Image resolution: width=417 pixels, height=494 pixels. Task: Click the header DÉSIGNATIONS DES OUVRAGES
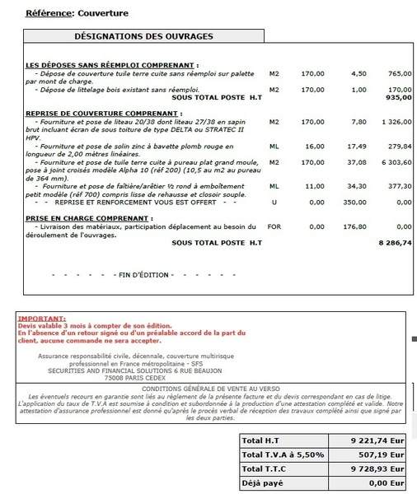(x=144, y=37)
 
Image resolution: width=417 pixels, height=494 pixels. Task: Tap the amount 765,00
(x=399, y=73)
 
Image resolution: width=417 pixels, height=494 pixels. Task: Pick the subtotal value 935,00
(x=399, y=96)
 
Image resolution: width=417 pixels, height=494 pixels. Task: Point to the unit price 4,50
(x=358, y=73)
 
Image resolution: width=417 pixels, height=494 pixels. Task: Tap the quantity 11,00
(x=314, y=186)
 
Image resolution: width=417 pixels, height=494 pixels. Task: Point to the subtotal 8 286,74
(x=394, y=244)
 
